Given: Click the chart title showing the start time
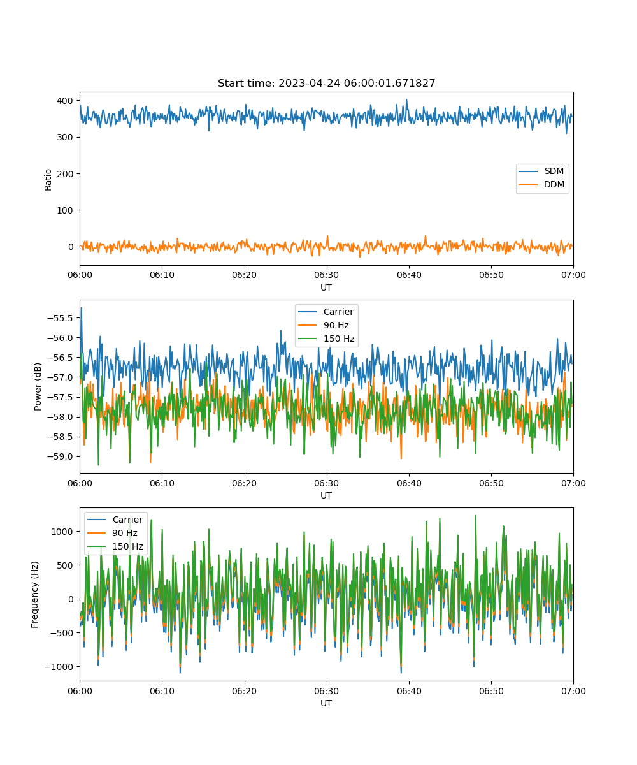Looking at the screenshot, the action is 326,83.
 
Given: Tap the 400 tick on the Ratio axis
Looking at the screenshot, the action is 65,101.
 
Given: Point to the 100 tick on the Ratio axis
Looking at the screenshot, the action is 65,210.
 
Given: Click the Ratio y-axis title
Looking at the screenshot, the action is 48,180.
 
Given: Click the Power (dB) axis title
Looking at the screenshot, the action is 38,387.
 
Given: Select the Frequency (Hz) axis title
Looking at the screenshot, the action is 34,595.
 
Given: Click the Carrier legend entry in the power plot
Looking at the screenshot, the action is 326,312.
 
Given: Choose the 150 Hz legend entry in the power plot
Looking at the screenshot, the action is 326,339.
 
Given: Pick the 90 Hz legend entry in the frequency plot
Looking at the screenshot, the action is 112,533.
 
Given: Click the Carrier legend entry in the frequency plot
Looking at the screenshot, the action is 115,520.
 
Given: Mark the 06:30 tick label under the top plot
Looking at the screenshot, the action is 327,275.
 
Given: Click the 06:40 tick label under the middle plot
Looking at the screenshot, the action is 409,483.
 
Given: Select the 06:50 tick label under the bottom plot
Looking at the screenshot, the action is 491,691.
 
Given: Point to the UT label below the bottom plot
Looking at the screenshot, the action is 326,703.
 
